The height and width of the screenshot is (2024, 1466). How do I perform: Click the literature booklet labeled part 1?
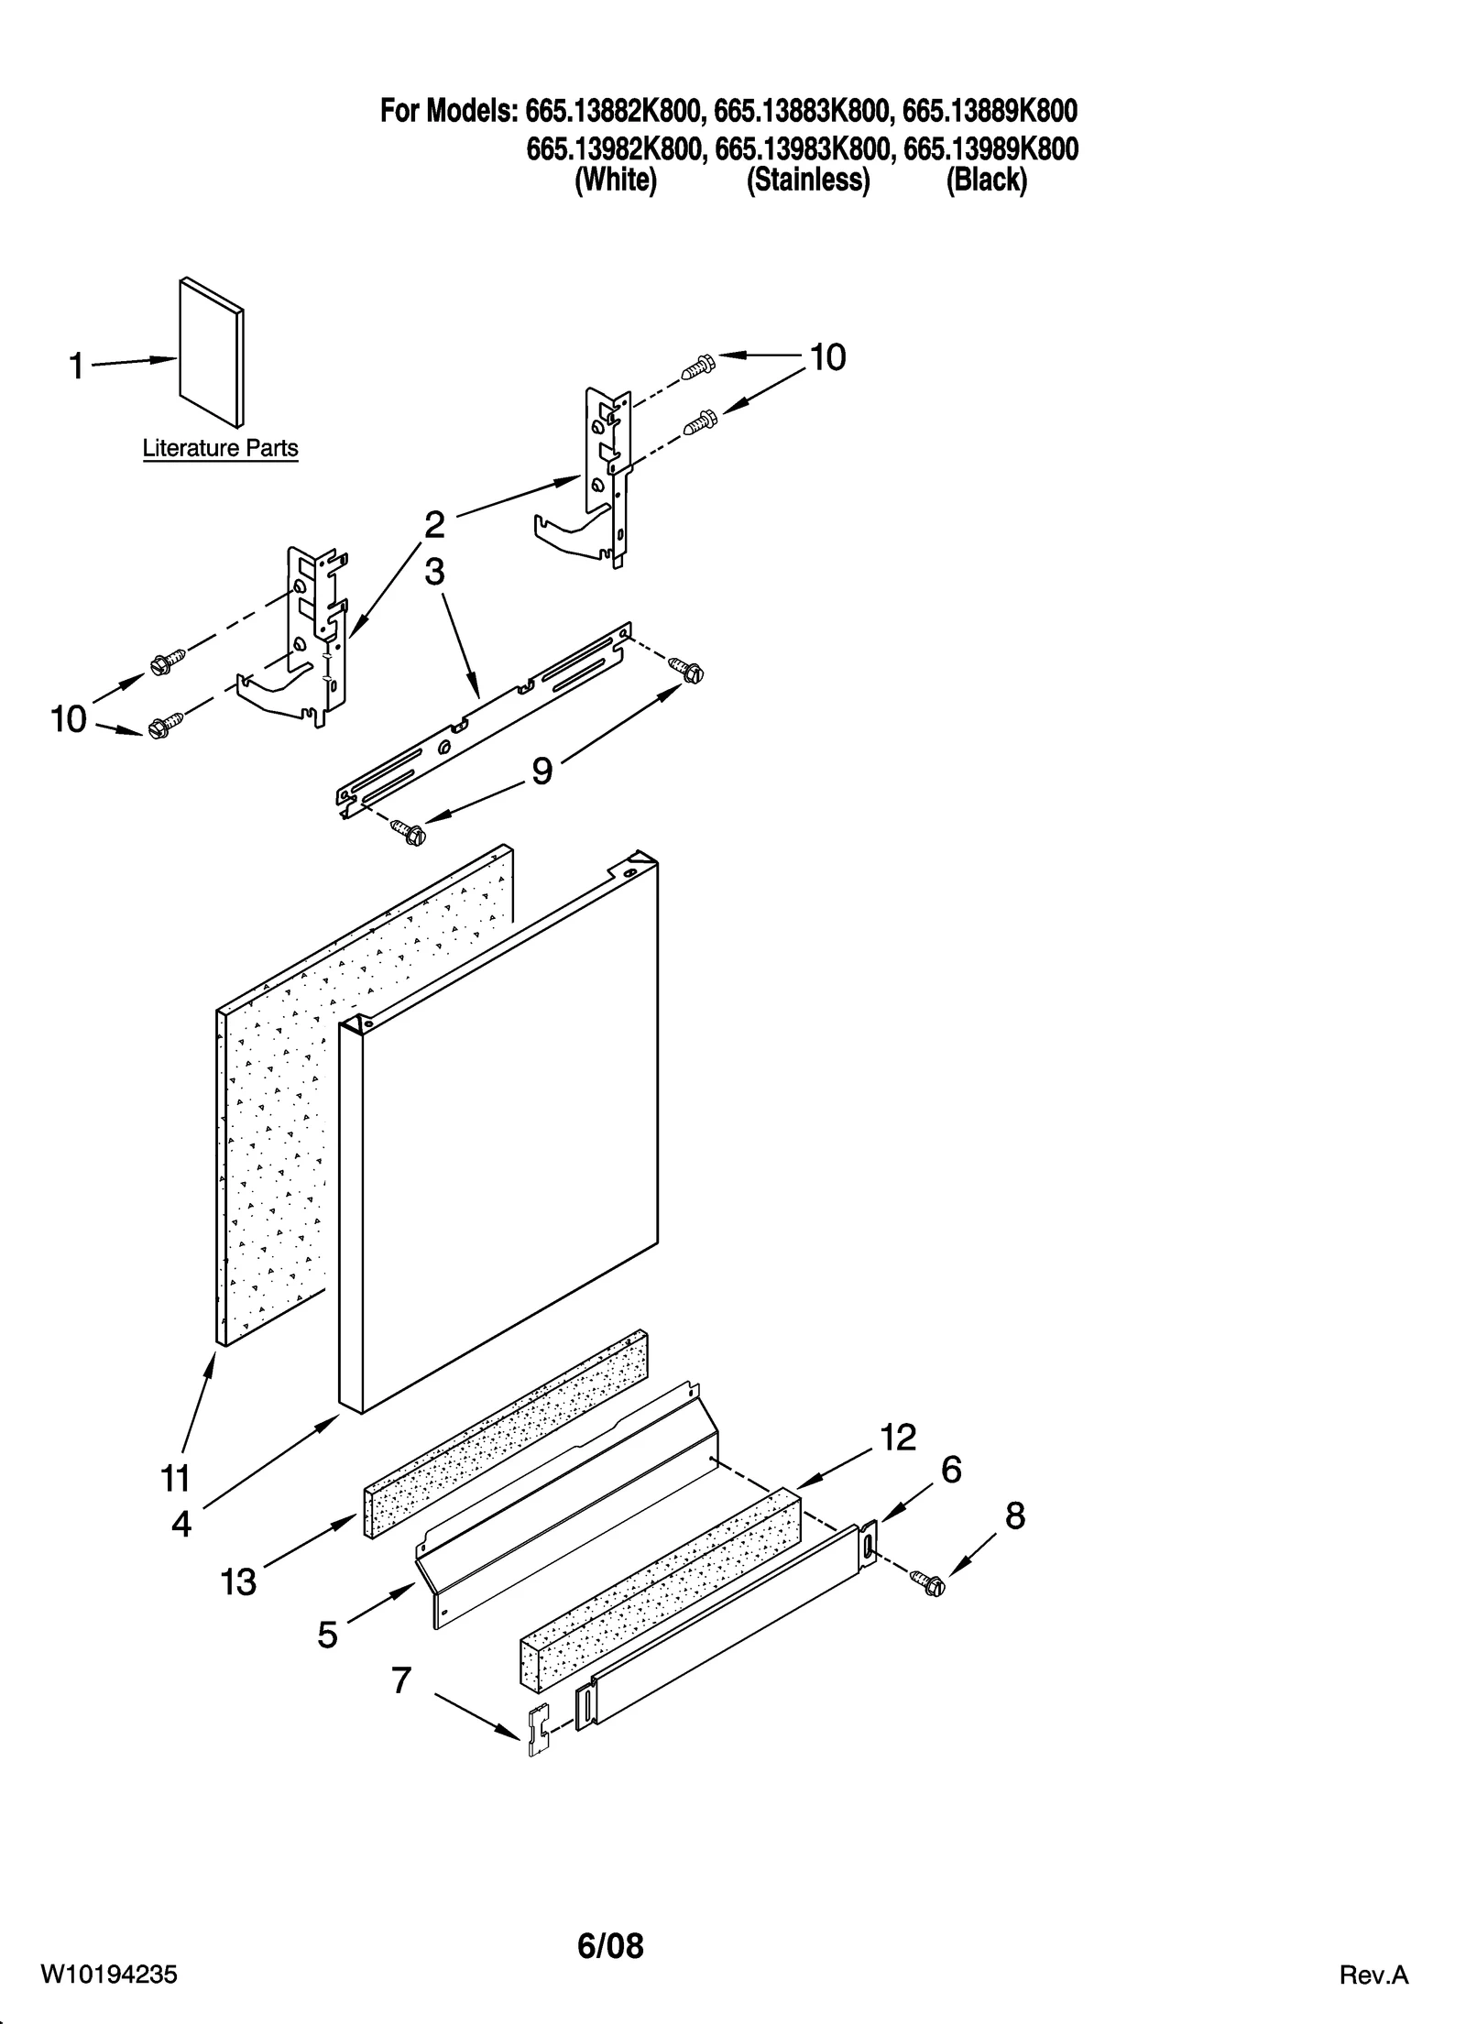[212, 353]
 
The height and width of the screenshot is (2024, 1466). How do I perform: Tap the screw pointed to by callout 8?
[927, 1582]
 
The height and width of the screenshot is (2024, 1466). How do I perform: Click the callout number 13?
[238, 1582]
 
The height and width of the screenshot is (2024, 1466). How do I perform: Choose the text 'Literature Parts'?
[220, 449]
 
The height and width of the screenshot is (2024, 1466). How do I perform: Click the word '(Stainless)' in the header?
[807, 181]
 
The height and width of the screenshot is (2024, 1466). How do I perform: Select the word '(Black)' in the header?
[986, 181]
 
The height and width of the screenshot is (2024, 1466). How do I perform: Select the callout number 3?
[434, 572]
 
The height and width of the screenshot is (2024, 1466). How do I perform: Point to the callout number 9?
[542, 771]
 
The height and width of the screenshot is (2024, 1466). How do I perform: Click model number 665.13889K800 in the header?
[990, 112]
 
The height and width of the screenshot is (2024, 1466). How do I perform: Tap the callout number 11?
[175, 1478]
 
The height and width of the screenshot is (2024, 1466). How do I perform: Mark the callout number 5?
[327, 1635]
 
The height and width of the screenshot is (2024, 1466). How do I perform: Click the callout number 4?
[181, 1524]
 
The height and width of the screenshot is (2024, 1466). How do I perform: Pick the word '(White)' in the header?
[615, 181]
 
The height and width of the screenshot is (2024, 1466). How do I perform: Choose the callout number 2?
[434, 525]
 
